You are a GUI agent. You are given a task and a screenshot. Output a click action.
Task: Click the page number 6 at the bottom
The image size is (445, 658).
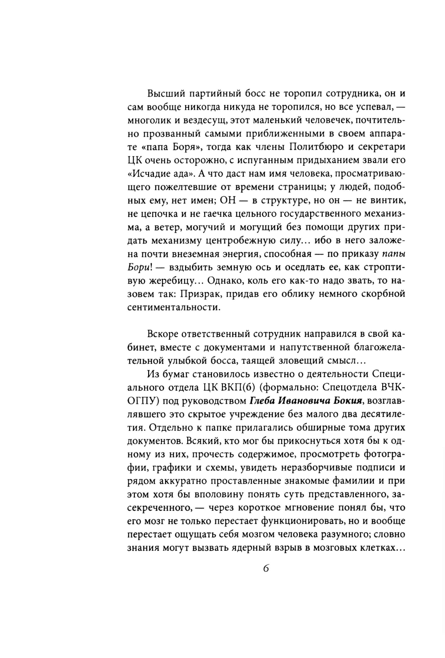[266, 569]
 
